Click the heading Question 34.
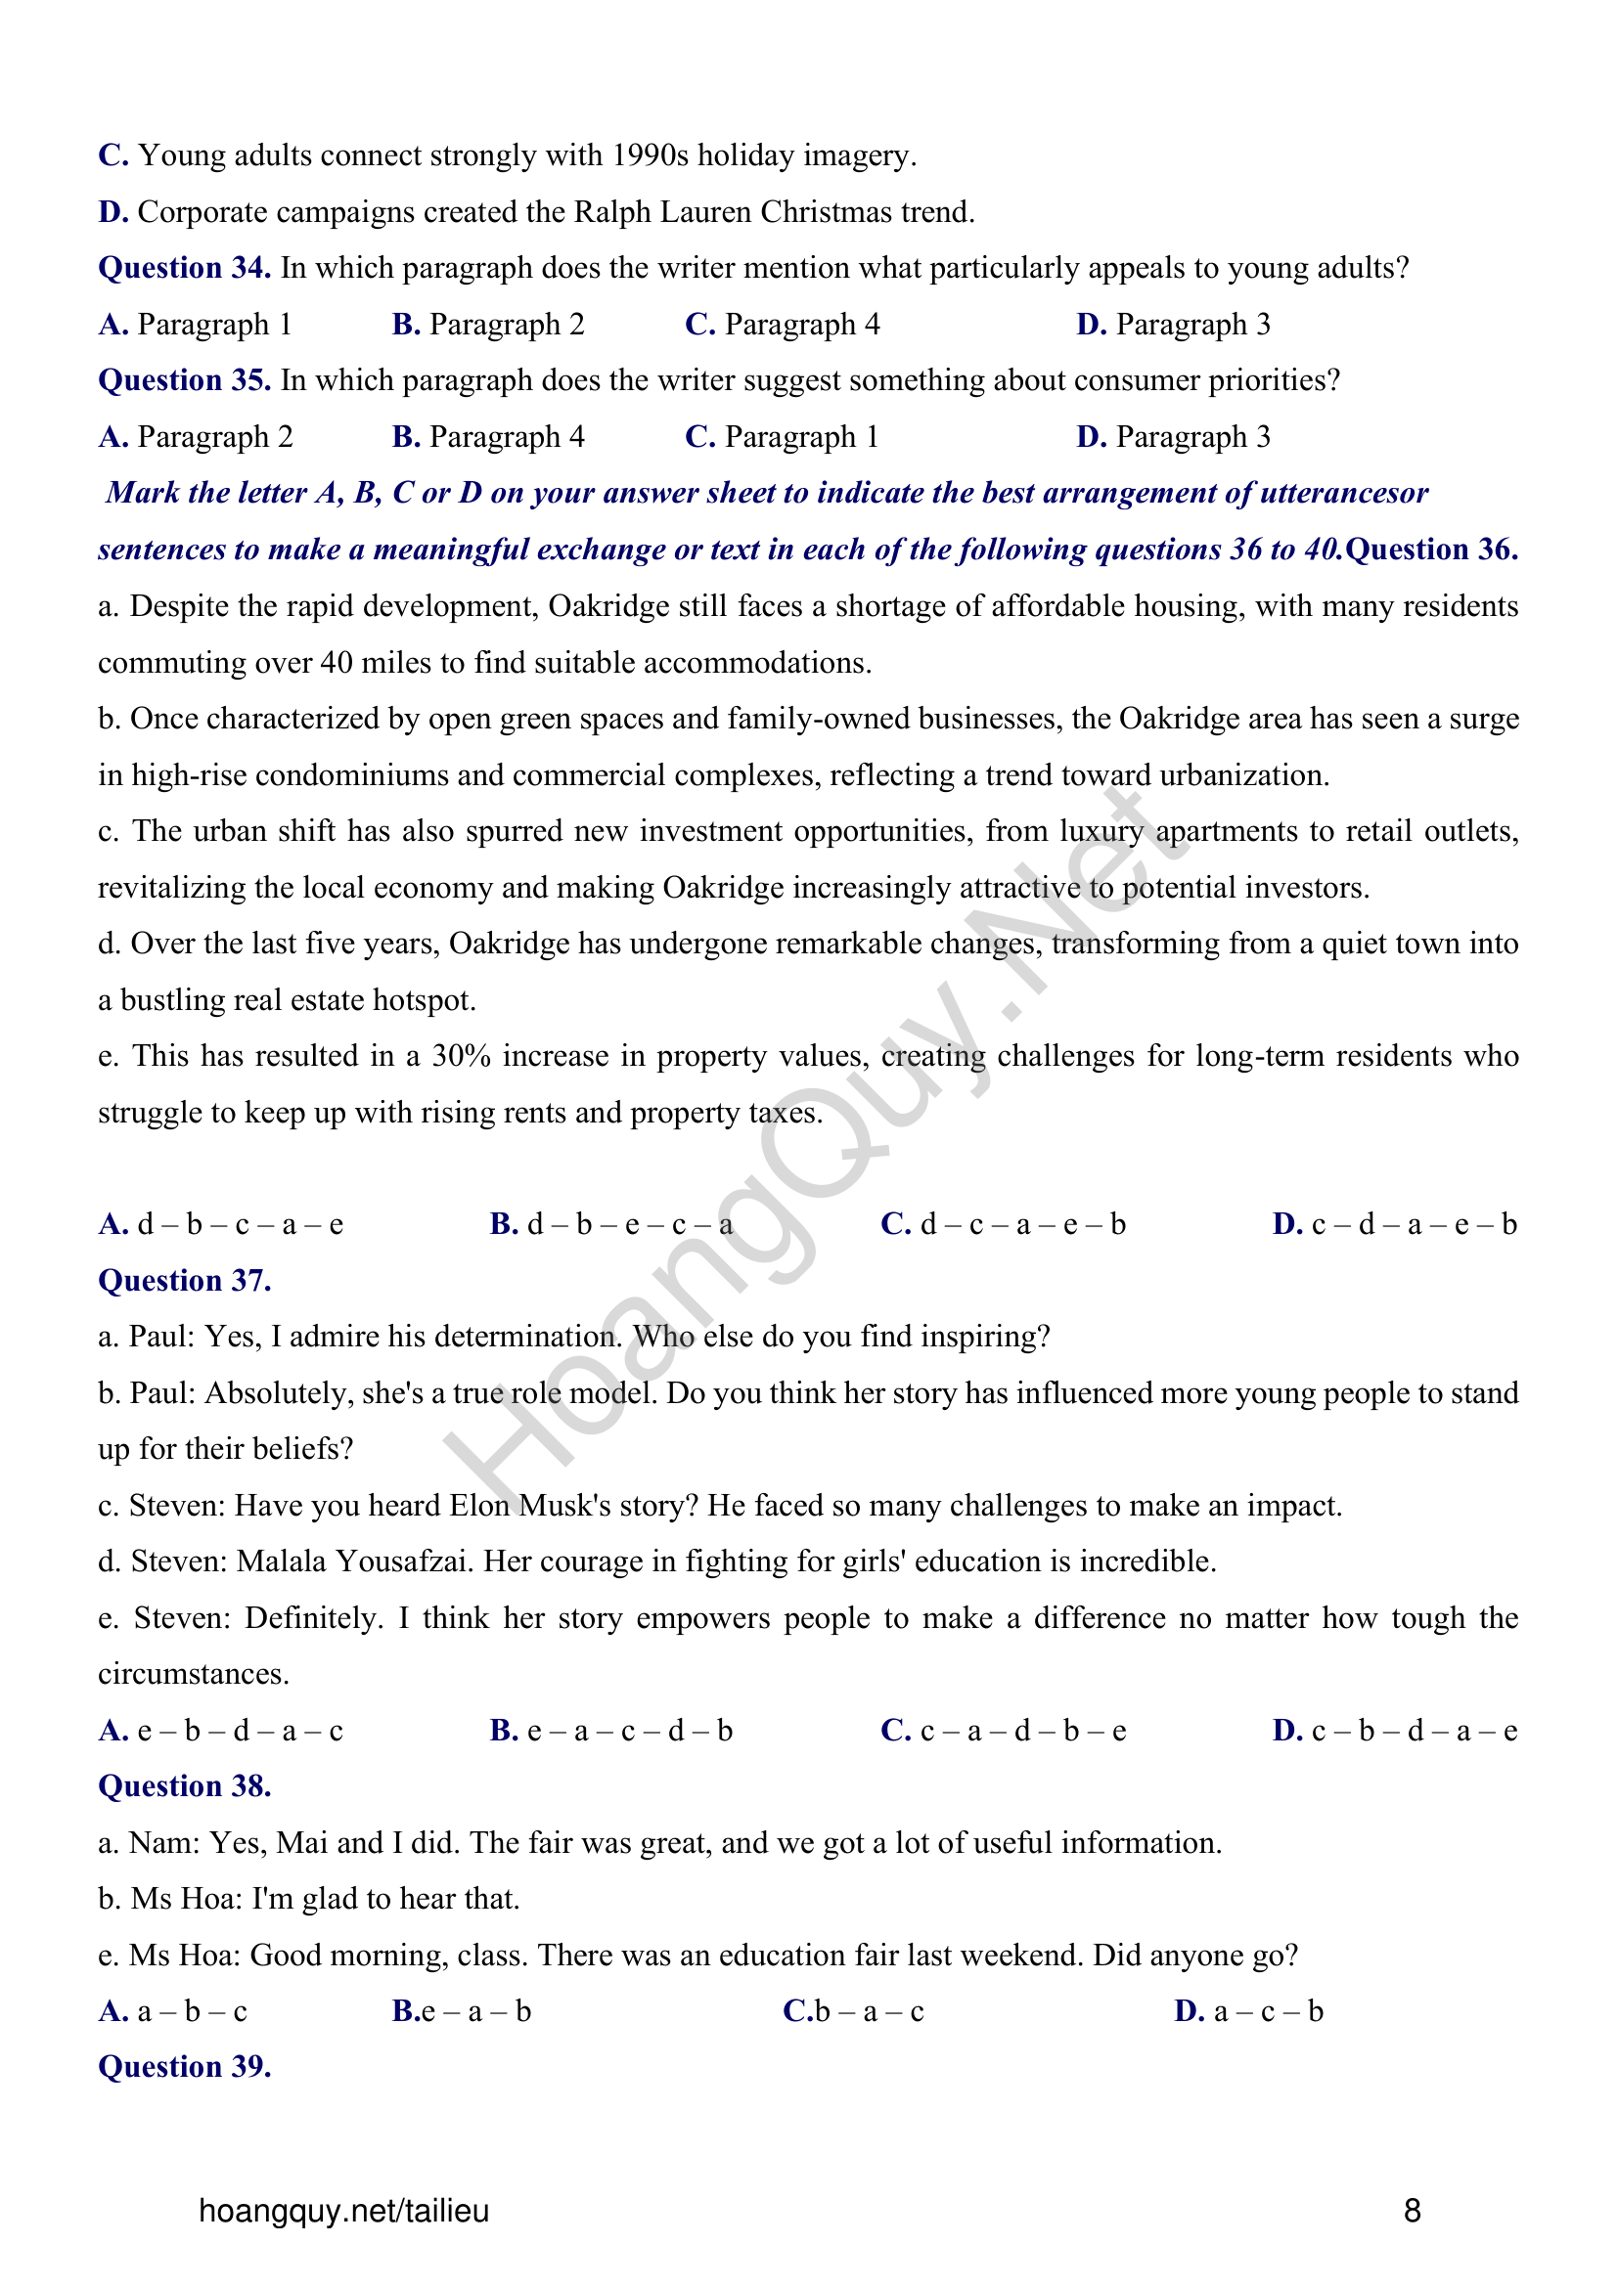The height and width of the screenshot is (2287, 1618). (184, 268)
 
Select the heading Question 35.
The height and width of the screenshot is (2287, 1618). (184, 380)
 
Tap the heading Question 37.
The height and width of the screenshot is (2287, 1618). (184, 1281)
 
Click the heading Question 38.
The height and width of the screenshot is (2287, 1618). (184, 1787)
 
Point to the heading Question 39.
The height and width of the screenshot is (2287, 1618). (184, 2068)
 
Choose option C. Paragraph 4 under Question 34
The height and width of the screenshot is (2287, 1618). (784, 325)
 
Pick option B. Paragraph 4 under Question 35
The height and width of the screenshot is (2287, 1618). (488, 437)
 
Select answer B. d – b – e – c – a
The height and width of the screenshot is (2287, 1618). (610, 1225)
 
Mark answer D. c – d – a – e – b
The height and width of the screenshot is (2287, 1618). (1394, 1225)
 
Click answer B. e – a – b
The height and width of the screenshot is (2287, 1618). (462, 2012)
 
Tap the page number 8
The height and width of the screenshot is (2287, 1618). (1412, 2212)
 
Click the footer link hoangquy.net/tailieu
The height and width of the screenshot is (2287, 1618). (343, 2212)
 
